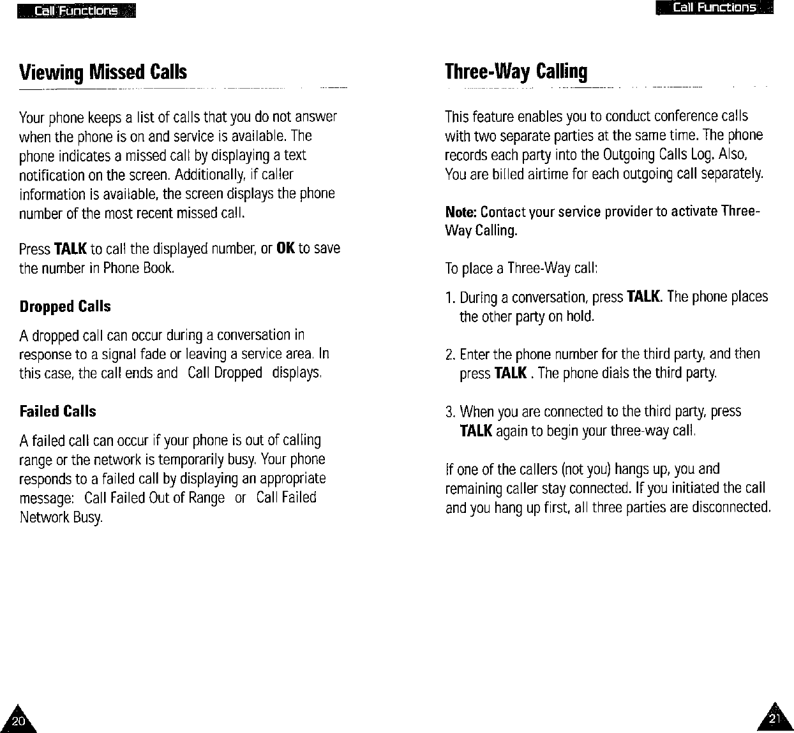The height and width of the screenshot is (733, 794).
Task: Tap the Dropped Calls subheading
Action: coord(65,307)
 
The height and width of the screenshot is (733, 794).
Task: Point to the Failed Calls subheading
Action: coord(57,411)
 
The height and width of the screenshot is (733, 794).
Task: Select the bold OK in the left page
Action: coord(285,248)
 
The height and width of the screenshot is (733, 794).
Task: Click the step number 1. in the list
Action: coord(450,297)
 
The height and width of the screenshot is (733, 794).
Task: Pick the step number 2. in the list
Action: coord(450,354)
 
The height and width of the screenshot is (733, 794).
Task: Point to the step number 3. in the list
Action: coord(450,411)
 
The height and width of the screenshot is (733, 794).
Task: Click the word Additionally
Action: coord(204,174)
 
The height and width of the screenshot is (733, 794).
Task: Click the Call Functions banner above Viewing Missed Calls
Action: coord(77,11)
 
